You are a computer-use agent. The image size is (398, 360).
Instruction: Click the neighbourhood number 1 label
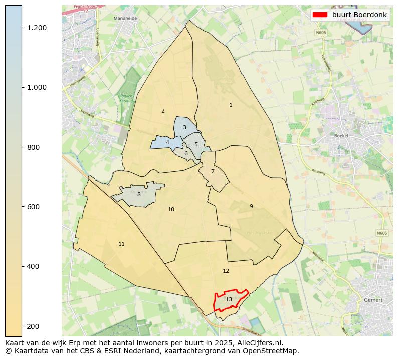pos(231,105)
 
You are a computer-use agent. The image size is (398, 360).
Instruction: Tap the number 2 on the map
pos(163,111)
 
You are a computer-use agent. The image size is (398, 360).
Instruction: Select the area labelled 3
pos(184,127)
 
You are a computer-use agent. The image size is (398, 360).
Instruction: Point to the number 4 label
pos(167,142)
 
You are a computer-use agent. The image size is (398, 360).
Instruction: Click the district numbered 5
pos(196,144)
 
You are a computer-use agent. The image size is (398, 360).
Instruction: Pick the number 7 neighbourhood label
pos(213,171)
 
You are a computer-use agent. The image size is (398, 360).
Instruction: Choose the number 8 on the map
pos(139,194)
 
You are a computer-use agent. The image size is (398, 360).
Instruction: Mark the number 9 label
pos(251,206)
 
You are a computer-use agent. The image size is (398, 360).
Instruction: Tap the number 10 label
pos(171,209)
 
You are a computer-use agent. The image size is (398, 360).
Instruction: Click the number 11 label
pos(121,244)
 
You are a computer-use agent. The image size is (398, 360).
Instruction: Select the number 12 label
pos(226,271)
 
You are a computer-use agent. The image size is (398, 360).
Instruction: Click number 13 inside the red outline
pos(229,299)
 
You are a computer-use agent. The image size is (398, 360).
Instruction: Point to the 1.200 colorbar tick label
pos(37,28)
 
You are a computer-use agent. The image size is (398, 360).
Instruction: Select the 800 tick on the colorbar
pos(33,147)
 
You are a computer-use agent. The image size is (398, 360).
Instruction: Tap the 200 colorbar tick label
pos(33,326)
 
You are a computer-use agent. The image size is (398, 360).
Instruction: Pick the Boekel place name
pos(341,136)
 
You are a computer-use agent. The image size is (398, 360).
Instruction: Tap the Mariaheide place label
pos(125,18)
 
